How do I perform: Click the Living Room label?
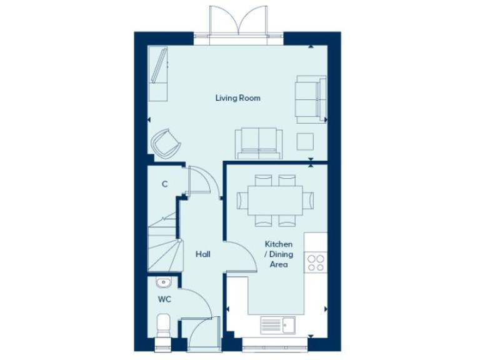pos(237,98)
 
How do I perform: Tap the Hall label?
pos(202,254)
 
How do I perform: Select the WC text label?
pos(164,299)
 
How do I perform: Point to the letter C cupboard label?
pos(164,184)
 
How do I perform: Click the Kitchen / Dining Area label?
pos(279,254)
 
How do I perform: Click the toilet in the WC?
pos(164,326)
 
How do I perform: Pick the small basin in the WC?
pos(162,282)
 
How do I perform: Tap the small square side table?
pos(306,141)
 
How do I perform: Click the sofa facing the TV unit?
pos(258,142)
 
